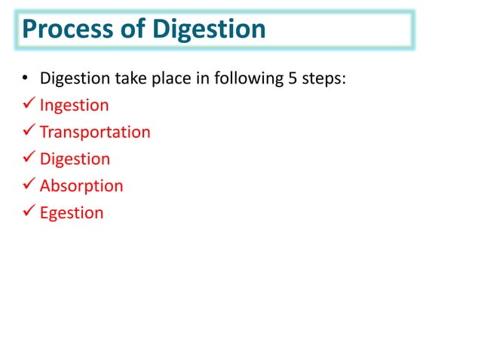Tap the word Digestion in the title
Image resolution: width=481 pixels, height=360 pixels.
coord(210,30)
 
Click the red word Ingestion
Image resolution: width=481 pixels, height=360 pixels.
coord(74,105)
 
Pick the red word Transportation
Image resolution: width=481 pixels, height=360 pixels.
coord(95,133)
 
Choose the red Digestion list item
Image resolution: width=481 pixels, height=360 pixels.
coord(75,159)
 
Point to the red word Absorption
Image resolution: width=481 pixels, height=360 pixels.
coord(81,186)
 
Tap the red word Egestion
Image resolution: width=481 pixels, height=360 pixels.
coord(72,213)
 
